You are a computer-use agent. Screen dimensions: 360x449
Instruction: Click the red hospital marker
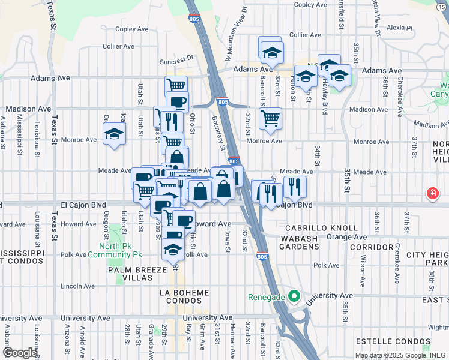click(432, 193)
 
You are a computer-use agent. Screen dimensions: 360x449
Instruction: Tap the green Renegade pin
click(294, 296)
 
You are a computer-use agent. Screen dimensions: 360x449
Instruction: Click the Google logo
click(20, 353)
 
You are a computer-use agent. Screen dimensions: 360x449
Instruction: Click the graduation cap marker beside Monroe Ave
click(113, 134)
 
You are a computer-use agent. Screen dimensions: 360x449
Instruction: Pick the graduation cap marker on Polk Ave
click(173, 249)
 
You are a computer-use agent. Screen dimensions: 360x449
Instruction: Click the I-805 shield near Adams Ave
click(222, 103)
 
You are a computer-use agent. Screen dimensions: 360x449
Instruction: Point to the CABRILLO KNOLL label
click(321, 228)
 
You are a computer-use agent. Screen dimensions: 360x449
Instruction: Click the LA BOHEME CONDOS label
click(185, 296)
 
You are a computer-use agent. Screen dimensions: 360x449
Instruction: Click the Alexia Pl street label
click(400, 28)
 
